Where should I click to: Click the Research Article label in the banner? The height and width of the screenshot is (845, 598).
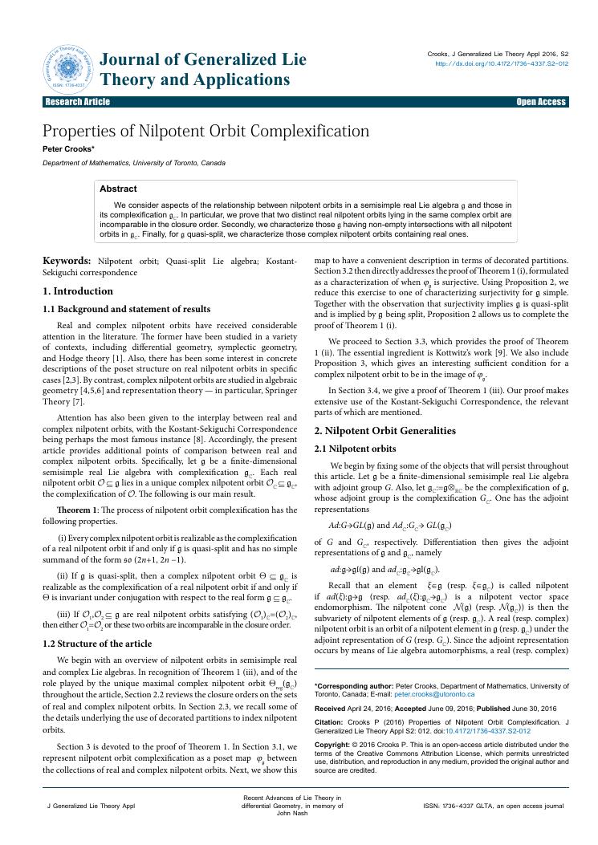78,102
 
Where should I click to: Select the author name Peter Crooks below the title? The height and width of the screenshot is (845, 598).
69,148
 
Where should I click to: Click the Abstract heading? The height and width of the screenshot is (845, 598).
118,189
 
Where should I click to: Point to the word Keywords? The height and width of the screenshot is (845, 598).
67,261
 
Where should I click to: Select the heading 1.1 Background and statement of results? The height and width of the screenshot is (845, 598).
126,309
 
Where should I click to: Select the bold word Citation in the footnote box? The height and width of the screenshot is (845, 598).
330,721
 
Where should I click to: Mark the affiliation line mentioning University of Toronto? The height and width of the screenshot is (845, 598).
134,163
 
